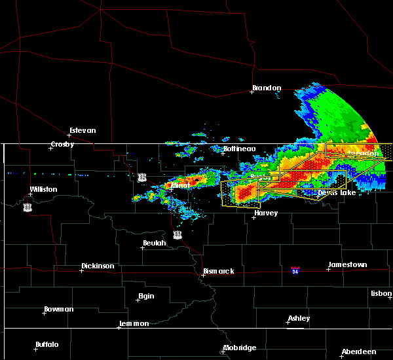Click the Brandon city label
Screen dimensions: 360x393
267,88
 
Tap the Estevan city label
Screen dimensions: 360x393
83,130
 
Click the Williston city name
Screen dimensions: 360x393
43,189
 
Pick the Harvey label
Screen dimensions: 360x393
266,213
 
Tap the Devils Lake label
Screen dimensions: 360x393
337,192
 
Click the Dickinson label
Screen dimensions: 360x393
98,266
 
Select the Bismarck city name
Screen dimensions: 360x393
218,271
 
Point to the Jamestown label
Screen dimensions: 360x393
347,264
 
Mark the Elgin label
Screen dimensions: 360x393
146,296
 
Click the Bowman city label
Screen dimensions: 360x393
59,309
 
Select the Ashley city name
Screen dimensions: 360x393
299,319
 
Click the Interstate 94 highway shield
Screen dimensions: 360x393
295,270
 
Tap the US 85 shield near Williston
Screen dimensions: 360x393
27,207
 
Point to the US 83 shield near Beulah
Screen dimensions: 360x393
178,234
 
